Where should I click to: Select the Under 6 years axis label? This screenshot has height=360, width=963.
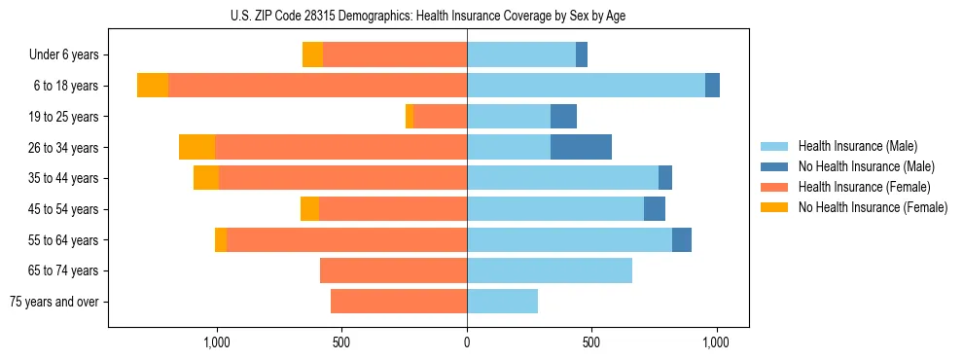pyautogui.click(x=63, y=55)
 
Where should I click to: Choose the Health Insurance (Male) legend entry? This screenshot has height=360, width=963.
pyautogui.click(x=857, y=146)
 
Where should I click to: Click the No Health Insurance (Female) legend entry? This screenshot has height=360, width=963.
pyautogui.click(x=873, y=207)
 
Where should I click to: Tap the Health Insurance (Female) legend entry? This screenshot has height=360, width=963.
pyautogui.click(x=864, y=187)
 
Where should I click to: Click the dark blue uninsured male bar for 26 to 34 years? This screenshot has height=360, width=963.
pyautogui.click(x=581, y=147)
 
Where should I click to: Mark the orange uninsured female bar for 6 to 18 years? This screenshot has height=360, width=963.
pyautogui.click(x=153, y=86)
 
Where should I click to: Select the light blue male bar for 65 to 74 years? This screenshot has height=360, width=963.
pyautogui.click(x=550, y=270)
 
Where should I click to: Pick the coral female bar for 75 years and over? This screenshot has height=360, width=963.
pyautogui.click(x=399, y=302)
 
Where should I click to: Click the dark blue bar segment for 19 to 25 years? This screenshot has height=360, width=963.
pyautogui.click(x=563, y=117)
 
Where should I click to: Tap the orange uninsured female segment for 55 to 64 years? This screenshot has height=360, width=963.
pyautogui.click(x=221, y=239)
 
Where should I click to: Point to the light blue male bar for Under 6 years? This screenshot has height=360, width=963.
pyautogui.click(x=521, y=54)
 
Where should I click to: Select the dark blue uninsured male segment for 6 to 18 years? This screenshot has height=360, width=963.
pyautogui.click(x=712, y=86)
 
